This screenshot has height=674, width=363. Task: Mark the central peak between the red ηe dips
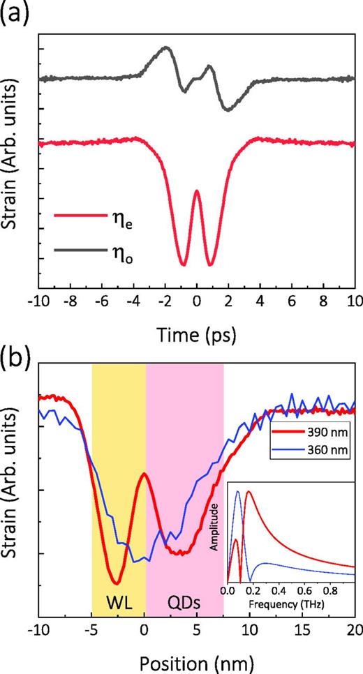(197, 190)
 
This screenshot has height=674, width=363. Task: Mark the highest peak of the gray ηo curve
(166, 47)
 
